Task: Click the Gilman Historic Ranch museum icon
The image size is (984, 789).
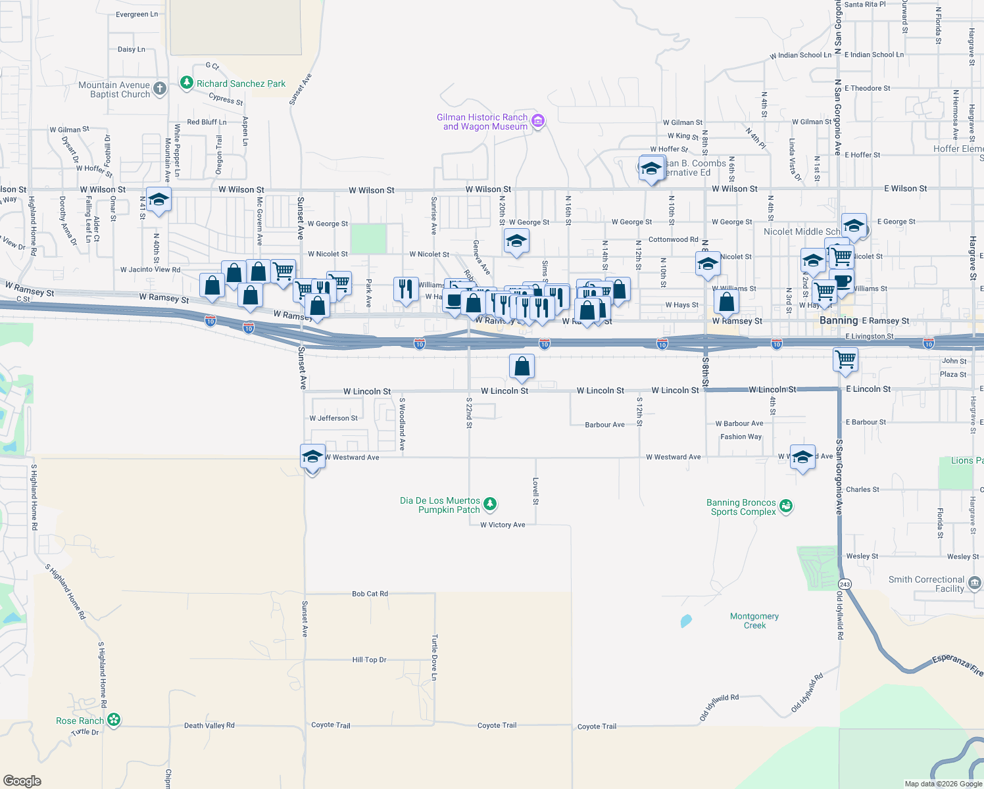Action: [x=537, y=121]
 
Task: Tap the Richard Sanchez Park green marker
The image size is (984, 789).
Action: [x=187, y=84]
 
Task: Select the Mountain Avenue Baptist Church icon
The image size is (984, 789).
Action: [x=159, y=88]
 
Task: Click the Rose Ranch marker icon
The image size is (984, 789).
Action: [x=114, y=720]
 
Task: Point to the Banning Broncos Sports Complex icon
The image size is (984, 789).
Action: [x=785, y=506]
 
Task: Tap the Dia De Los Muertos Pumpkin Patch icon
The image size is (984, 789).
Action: [x=489, y=504]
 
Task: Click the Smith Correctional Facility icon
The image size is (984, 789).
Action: [x=974, y=583]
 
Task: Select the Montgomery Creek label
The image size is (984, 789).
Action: [x=754, y=621]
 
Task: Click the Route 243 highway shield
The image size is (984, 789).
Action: [x=845, y=584]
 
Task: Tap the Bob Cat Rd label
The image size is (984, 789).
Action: [x=370, y=594]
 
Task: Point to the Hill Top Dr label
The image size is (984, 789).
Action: [x=369, y=659]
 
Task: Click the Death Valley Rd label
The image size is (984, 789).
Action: [x=209, y=725]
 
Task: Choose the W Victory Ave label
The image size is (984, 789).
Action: [x=503, y=525]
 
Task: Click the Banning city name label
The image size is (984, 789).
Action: [x=839, y=320]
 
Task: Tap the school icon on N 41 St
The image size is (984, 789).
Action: [x=159, y=199]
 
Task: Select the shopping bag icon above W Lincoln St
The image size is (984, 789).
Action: [x=522, y=367]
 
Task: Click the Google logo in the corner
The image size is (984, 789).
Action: [x=22, y=780]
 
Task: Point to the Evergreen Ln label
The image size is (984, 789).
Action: [x=137, y=14]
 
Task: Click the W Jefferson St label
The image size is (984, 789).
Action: [x=333, y=418]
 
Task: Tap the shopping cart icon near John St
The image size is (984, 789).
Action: [x=845, y=360]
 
